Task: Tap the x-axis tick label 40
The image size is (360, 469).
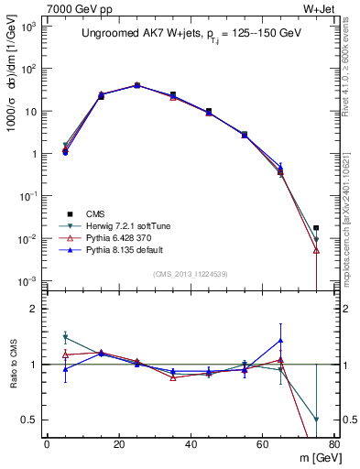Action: [x=190, y=445]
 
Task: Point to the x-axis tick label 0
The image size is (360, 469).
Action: [x=47, y=445]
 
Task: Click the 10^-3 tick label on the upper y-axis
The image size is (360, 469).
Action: [x=27, y=281]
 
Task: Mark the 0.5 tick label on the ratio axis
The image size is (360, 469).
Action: [x=28, y=420]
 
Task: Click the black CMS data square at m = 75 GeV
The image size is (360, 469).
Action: [x=316, y=228]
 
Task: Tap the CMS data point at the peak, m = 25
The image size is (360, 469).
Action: [x=136, y=85]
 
